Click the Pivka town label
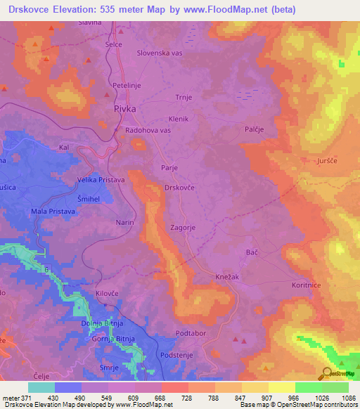coord(125,110)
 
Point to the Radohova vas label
coord(148,131)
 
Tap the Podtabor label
coord(192,333)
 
